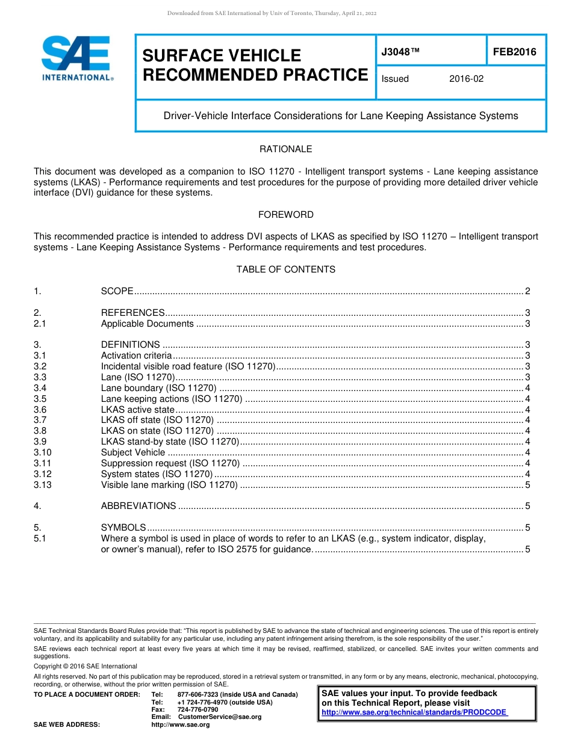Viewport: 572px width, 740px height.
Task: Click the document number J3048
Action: [x=400, y=52]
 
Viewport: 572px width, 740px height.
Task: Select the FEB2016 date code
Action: [x=515, y=52]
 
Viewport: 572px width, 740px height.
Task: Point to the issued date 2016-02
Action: [x=466, y=79]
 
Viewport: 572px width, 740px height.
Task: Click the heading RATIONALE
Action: [x=285, y=149]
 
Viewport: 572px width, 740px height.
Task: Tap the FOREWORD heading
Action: [x=285, y=215]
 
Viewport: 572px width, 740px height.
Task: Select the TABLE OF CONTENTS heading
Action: [x=285, y=270]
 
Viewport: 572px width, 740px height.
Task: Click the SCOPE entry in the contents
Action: [x=117, y=291]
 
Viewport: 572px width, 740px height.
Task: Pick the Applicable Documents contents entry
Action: [x=147, y=324]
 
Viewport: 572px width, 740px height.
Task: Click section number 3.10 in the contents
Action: [x=43, y=452]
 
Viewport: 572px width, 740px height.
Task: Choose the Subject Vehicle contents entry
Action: [x=132, y=452]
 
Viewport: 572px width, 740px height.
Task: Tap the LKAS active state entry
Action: [x=137, y=410]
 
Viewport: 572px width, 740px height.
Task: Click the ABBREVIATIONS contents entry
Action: [x=138, y=506]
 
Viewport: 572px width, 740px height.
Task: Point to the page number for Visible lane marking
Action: [x=527, y=485]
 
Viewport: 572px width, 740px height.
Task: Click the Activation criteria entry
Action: [x=136, y=356]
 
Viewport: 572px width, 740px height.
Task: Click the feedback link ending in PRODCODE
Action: [x=414, y=712]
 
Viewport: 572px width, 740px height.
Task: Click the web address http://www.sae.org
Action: [x=180, y=724]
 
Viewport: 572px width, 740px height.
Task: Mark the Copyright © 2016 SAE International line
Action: [x=85, y=666]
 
